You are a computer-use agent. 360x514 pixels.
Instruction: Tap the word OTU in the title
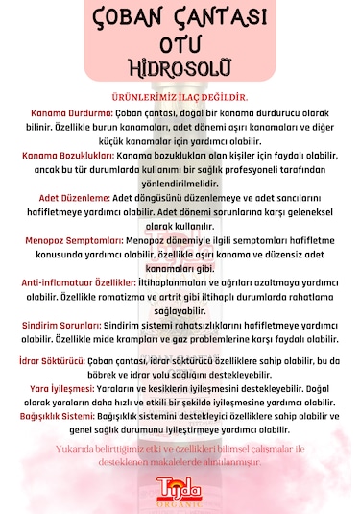[180, 46]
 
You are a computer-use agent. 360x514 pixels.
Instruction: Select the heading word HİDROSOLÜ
[180, 69]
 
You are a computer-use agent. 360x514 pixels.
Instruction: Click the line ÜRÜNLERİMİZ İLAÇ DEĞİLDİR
[180, 97]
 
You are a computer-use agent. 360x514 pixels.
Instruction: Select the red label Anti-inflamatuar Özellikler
[79, 283]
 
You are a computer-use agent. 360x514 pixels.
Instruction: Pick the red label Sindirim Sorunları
[66, 327]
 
